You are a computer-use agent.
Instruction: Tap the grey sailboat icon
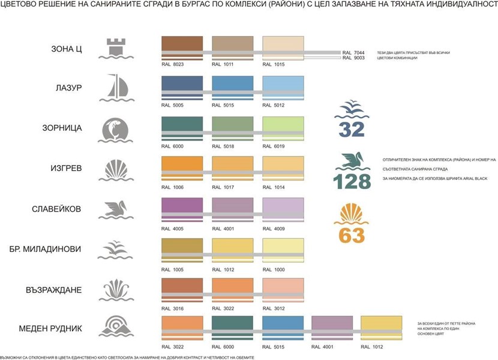[118, 88]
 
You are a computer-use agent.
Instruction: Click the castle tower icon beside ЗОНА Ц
[118, 47]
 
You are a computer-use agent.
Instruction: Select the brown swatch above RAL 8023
[182, 46]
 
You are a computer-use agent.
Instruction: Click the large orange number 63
[352, 235]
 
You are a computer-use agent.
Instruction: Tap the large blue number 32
[353, 128]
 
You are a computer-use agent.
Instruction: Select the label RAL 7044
[353, 53]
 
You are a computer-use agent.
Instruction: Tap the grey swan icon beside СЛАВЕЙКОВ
[118, 210]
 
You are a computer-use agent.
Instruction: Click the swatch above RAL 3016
[182, 285]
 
